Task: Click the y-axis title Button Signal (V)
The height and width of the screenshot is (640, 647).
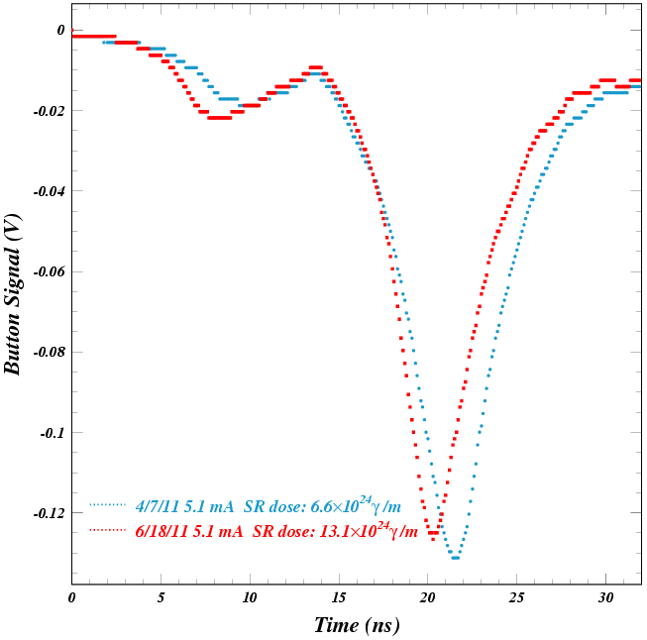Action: (13, 294)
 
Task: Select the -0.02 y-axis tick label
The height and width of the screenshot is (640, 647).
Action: (50, 111)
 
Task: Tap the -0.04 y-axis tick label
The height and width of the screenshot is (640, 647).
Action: (50, 191)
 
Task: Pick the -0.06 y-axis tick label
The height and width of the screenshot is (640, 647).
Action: (50, 271)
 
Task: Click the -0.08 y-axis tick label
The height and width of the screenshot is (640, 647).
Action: (50, 353)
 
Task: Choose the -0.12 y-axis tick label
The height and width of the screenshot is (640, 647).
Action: (50, 513)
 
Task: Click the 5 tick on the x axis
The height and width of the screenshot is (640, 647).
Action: (161, 598)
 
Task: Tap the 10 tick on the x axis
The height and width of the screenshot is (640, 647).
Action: (249, 598)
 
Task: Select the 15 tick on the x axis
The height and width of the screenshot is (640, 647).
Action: (338, 598)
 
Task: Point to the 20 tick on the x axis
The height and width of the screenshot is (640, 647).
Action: (427, 598)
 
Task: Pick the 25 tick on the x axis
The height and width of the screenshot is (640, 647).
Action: (516, 598)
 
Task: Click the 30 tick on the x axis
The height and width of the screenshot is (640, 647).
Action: (604, 598)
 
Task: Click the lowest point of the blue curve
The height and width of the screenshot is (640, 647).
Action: (455, 558)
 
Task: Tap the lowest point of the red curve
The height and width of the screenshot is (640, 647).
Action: (433, 533)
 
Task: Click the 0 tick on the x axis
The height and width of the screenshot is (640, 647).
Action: (71, 598)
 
